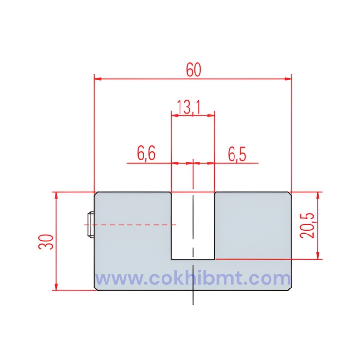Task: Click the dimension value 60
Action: pyautogui.click(x=193, y=70)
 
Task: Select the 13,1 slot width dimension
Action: pyautogui.click(x=192, y=107)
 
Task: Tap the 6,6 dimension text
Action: pyautogui.click(x=145, y=154)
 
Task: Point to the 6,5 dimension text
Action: pyautogui.click(x=237, y=154)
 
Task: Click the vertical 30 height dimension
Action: pyautogui.click(x=46, y=241)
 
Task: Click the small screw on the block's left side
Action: pyautogui.click(x=90, y=225)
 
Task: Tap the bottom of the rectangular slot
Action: pyautogui.click(x=193, y=258)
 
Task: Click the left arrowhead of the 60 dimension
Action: pyautogui.click(x=97, y=78)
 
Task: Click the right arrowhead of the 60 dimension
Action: pyautogui.click(x=288, y=78)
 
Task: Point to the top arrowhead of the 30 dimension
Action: pyautogui.click(x=57, y=195)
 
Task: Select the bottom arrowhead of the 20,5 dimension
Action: pyautogui.click(x=318, y=255)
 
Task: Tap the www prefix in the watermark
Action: pyautogui.click(x=114, y=279)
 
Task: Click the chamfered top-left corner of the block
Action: pyautogui.click(x=96, y=194)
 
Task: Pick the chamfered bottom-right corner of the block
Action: pyautogui.click(x=289, y=288)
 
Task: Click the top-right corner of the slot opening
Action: pyautogui.click(x=214, y=192)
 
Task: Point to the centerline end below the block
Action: pyautogui.click(x=193, y=303)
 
